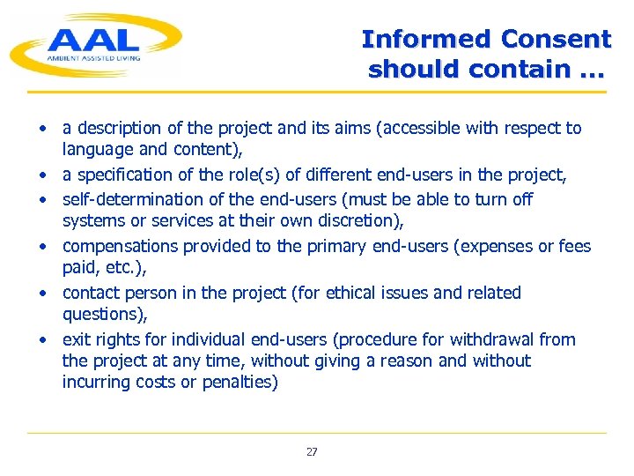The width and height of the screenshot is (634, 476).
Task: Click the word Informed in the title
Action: pyautogui.click(x=425, y=40)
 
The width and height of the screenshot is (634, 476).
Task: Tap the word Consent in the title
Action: pyautogui.click(x=556, y=40)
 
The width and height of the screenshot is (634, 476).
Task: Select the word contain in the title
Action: pyautogui.click(x=520, y=69)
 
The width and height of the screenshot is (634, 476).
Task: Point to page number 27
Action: pyautogui.click(x=312, y=452)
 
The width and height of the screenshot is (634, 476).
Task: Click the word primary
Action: pyautogui.click(x=335, y=246)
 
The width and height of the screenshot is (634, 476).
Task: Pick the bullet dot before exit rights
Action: pyautogui.click(x=41, y=339)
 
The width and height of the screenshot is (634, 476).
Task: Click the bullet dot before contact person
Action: pyautogui.click(x=41, y=293)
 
